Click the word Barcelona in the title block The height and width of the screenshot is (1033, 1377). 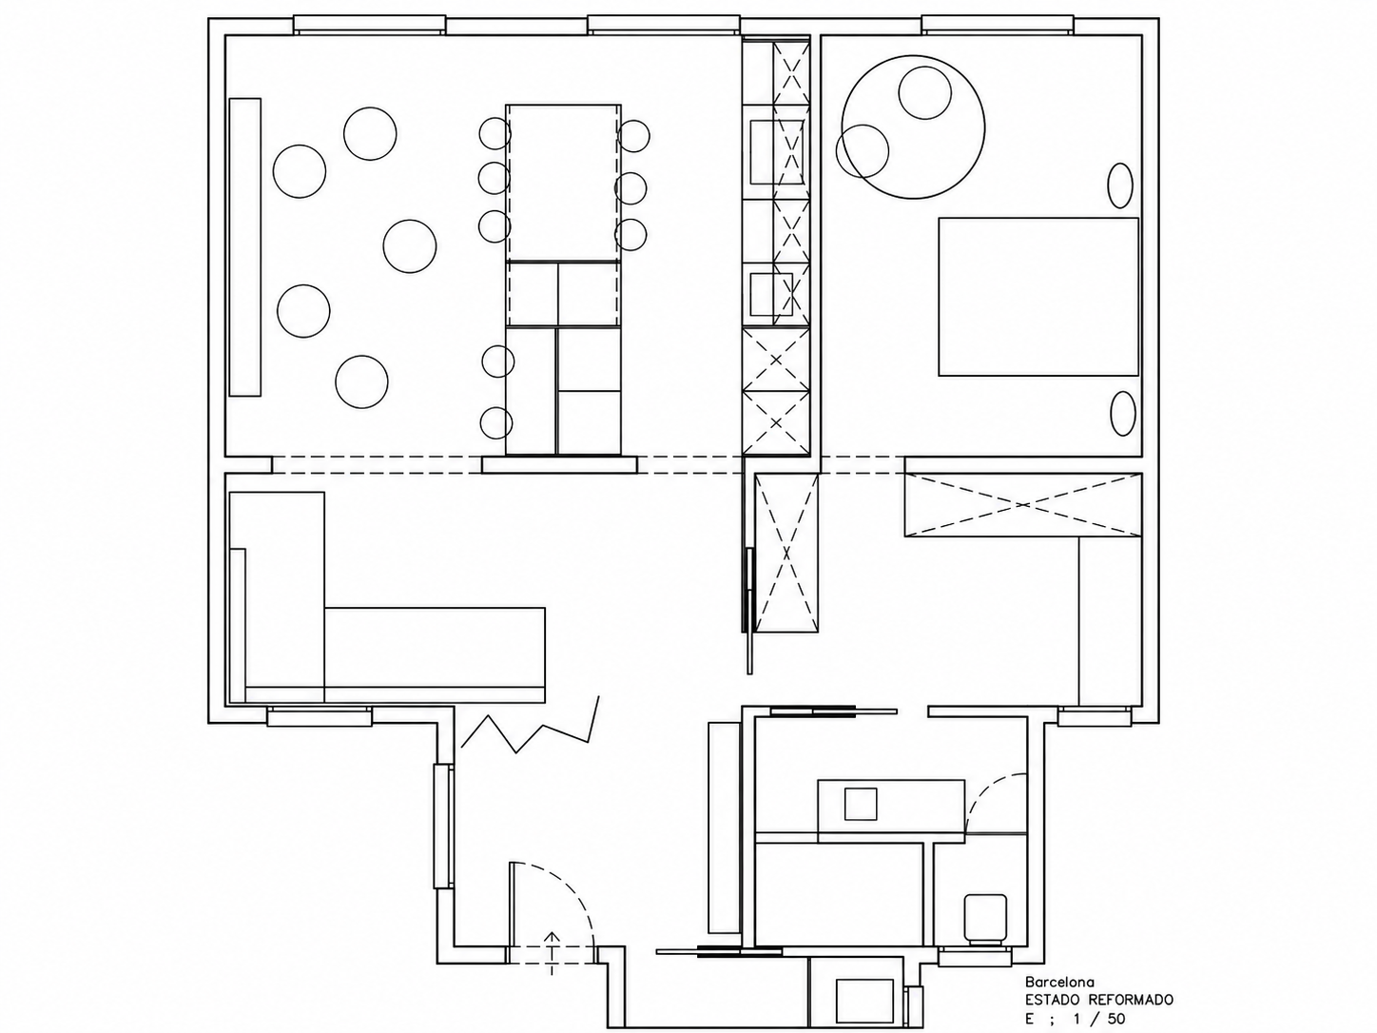1060,982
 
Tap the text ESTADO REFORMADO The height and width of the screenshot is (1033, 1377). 1099,1001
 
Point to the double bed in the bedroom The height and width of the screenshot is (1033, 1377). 1038,297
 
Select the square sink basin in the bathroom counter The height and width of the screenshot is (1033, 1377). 860,804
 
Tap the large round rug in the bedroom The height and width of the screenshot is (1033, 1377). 913,127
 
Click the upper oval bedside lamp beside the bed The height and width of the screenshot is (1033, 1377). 1120,185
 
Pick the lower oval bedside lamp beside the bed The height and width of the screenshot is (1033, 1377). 1123,414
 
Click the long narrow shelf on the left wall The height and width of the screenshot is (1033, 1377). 244,247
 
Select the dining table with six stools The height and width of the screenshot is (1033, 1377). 563,183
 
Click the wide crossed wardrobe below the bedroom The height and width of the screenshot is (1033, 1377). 1022,505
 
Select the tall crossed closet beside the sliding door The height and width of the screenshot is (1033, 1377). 786,553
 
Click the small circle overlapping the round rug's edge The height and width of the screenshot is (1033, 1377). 863,151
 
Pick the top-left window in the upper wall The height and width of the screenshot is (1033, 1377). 370,25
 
